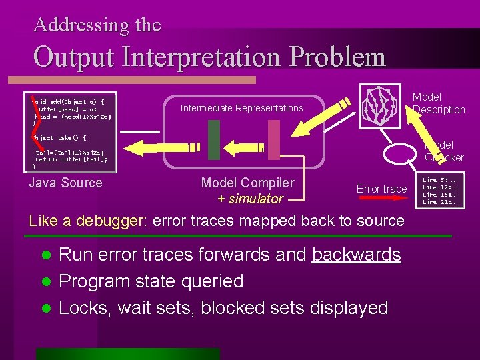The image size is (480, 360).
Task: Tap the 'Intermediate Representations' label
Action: [x=241, y=108]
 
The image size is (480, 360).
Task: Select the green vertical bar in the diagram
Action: [x=213, y=140]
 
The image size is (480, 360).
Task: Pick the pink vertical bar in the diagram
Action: [x=273, y=140]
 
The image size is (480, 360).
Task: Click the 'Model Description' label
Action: [x=439, y=103]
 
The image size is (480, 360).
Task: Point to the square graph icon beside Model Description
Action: [x=381, y=103]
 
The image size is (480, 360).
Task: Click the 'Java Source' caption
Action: [x=66, y=183]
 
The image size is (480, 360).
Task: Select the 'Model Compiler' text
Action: [x=247, y=183]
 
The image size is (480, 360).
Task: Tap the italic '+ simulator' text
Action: [x=250, y=199]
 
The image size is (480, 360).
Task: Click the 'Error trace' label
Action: [x=381, y=189]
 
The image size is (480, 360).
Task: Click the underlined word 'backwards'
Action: [x=356, y=255]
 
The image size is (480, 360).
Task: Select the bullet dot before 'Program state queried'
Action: [x=45, y=282]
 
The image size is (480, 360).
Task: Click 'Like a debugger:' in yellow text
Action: [x=88, y=221]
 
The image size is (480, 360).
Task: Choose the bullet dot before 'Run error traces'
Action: [x=45, y=255]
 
